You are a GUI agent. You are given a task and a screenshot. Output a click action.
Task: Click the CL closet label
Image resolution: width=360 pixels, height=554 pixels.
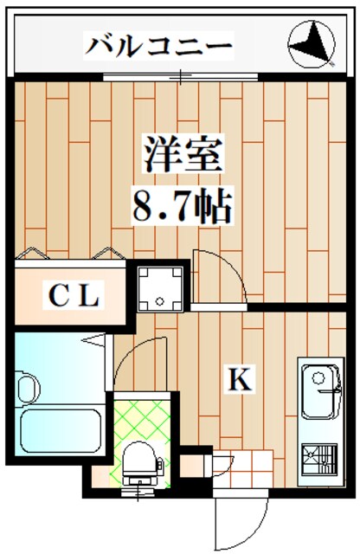(x=73, y=297)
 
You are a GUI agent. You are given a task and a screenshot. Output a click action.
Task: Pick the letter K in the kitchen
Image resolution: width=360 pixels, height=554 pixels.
(x=240, y=378)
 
